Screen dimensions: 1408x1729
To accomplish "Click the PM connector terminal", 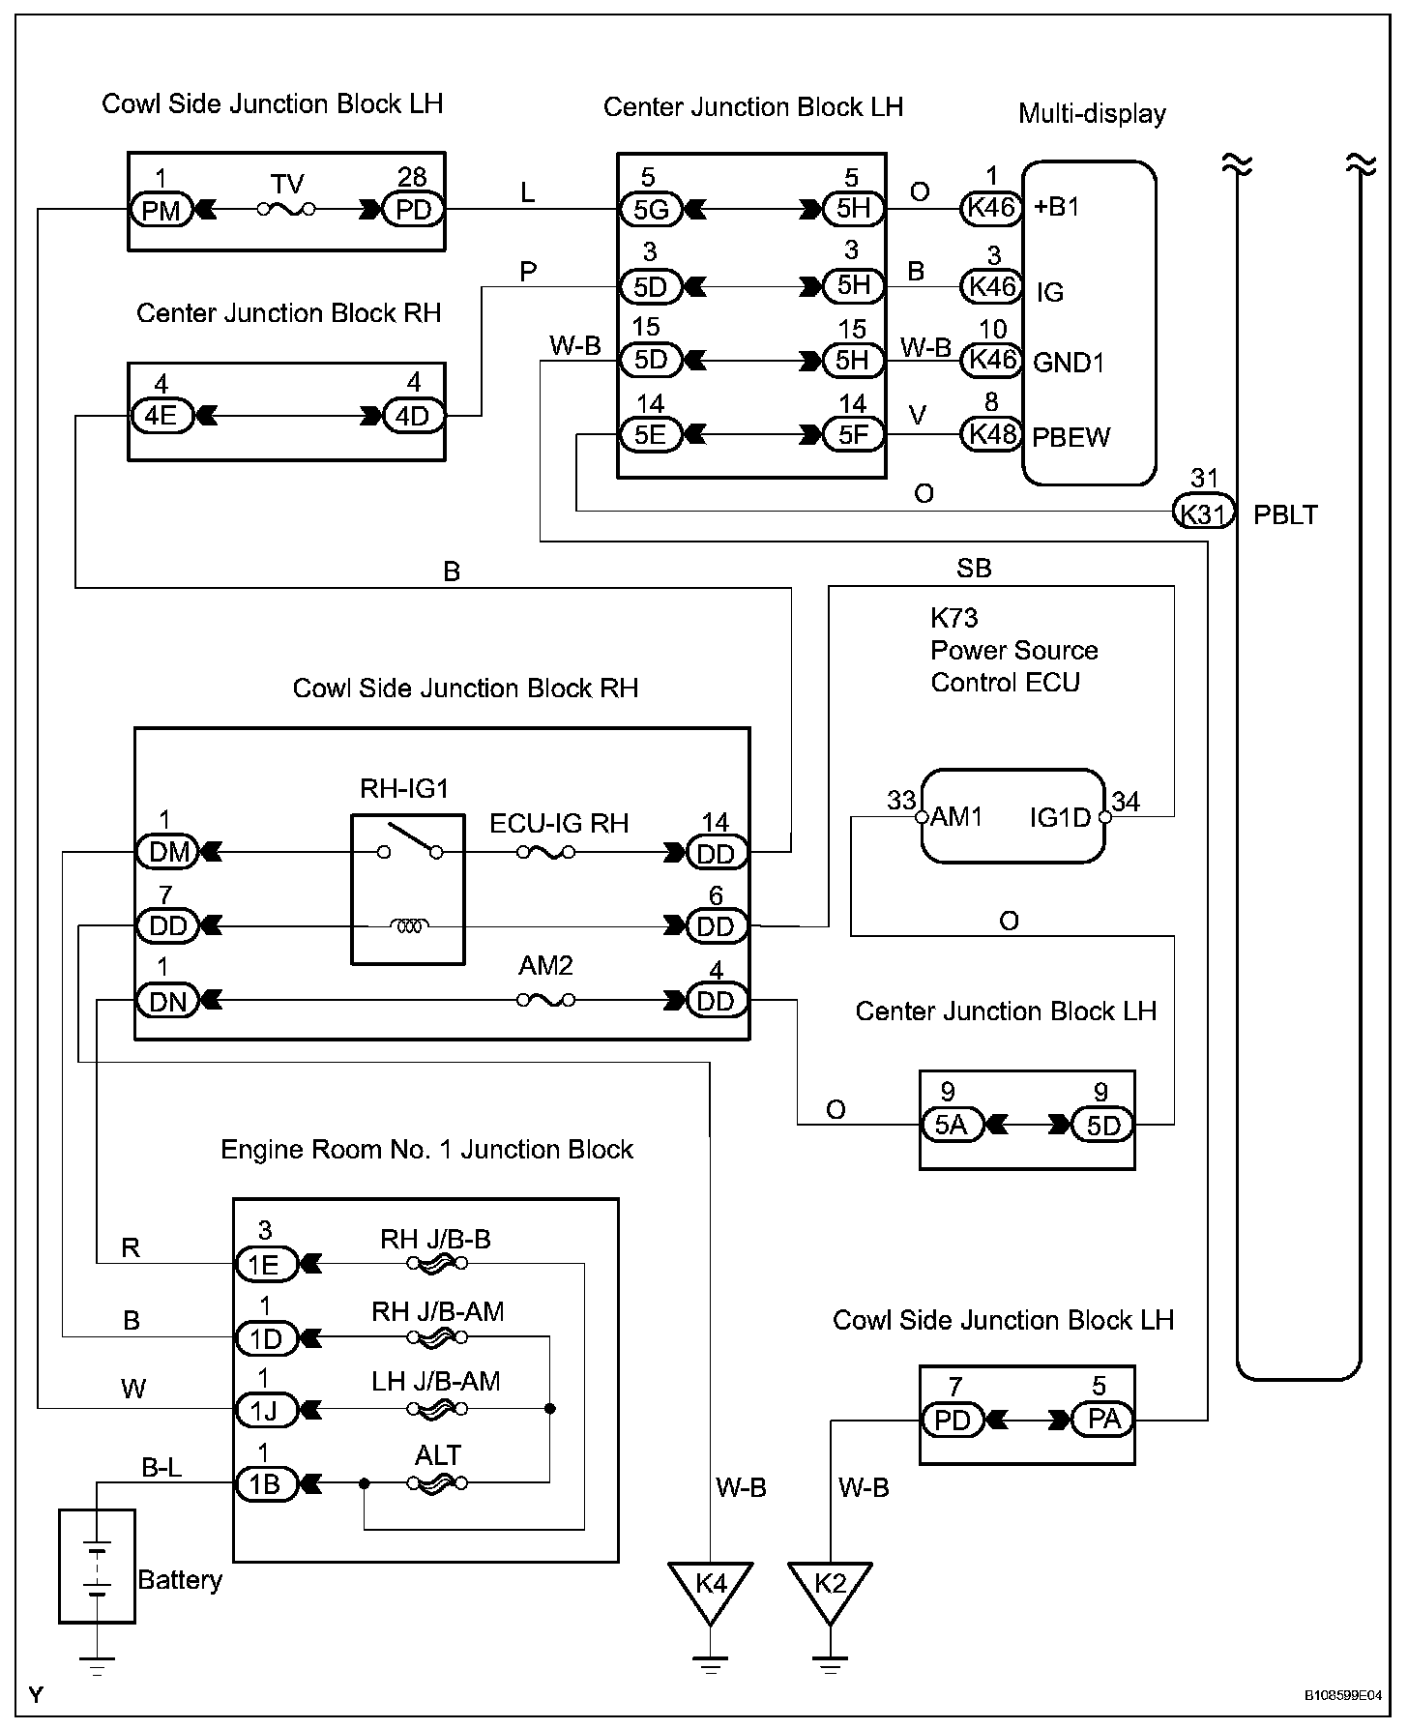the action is tap(161, 209).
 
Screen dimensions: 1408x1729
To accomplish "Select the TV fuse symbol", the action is tap(286, 208).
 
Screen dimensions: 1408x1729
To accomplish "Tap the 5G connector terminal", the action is tap(651, 209).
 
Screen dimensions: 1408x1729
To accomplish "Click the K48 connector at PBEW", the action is tap(991, 434).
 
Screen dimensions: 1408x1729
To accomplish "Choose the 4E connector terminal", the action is tap(161, 417).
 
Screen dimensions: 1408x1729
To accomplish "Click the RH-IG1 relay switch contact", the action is tap(410, 839).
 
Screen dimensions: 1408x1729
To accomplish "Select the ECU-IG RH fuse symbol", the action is tap(546, 852).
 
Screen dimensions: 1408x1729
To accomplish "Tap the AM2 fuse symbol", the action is tap(546, 1000).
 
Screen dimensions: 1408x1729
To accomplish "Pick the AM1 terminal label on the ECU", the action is tap(955, 817).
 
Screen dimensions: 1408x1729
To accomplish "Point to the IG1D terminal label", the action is tap(1061, 818).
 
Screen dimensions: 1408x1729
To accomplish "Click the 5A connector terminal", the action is tap(952, 1125).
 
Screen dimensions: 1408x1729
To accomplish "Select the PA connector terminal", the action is tap(1103, 1419).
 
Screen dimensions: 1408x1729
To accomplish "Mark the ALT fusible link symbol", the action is tap(438, 1483).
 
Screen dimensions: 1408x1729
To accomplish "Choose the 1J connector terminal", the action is tap(264, 1411).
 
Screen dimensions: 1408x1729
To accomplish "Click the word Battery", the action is tap(180, 1580).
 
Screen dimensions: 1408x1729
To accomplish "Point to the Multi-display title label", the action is tap(1092, 114).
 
